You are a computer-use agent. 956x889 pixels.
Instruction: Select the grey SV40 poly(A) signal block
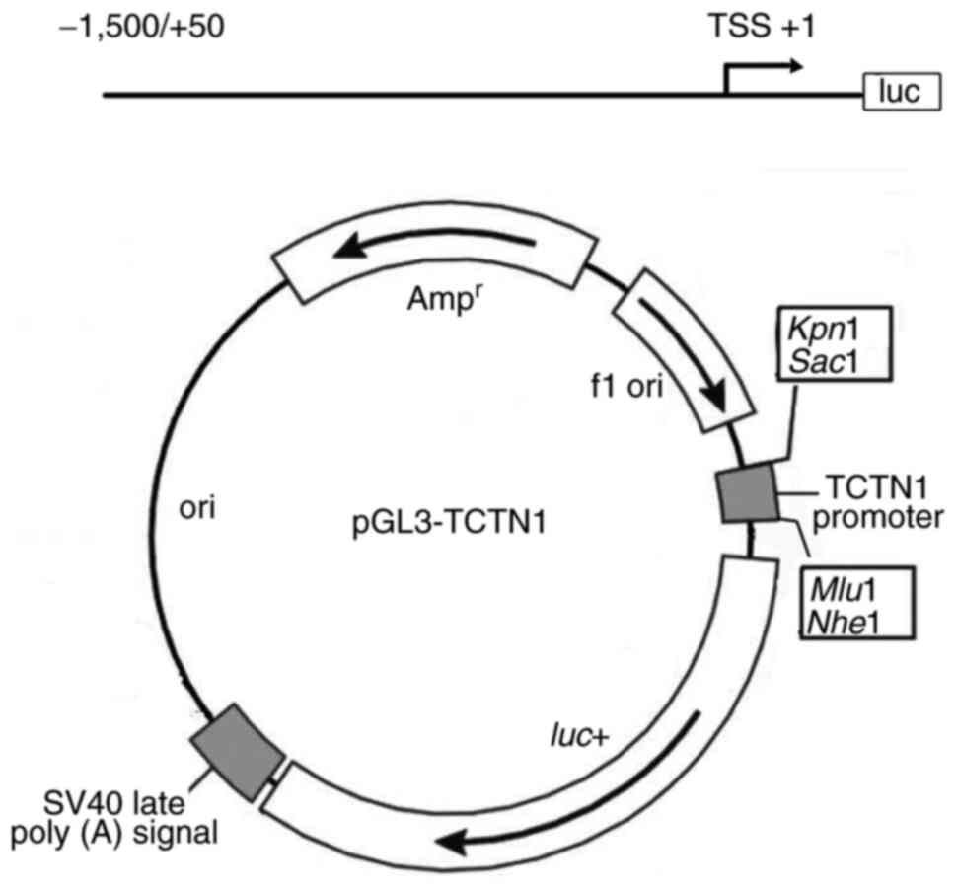click(239, 752)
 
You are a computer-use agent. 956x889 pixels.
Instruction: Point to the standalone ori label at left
click(197, 510)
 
